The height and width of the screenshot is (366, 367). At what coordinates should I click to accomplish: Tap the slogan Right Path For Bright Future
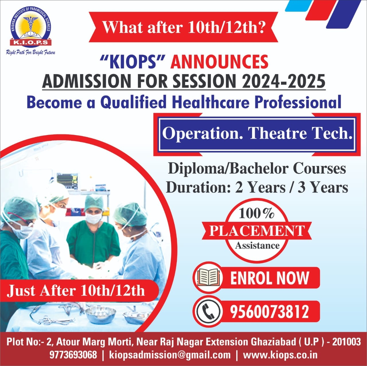[31, 52]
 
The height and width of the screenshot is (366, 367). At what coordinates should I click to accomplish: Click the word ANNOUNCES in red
[219, 62]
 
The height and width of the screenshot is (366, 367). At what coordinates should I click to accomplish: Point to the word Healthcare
[211, 102]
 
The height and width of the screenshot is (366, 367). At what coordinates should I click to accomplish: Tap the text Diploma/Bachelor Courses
[257, 169]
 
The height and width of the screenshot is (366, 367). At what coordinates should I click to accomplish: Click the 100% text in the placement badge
[256, 213]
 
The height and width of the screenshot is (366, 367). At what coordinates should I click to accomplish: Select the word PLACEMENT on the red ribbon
[256, 230]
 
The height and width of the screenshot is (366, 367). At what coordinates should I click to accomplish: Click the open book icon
[209, 277]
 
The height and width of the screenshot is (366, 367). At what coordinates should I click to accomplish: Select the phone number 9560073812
[269, 311]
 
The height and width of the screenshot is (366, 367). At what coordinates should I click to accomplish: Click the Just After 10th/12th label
[76, 290]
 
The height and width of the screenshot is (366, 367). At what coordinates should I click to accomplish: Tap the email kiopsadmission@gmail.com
[170, 355]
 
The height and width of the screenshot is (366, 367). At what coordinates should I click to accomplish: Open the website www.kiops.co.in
[280, 355]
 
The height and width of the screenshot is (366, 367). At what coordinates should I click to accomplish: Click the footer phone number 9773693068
[73, 355]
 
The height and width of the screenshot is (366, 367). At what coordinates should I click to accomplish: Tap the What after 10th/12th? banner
[183, 27]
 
